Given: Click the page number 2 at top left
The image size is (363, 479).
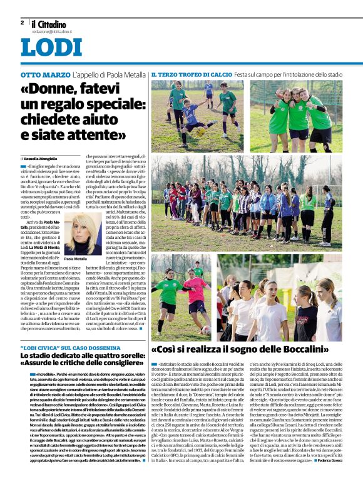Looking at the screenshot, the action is click(x=22, y=23).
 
